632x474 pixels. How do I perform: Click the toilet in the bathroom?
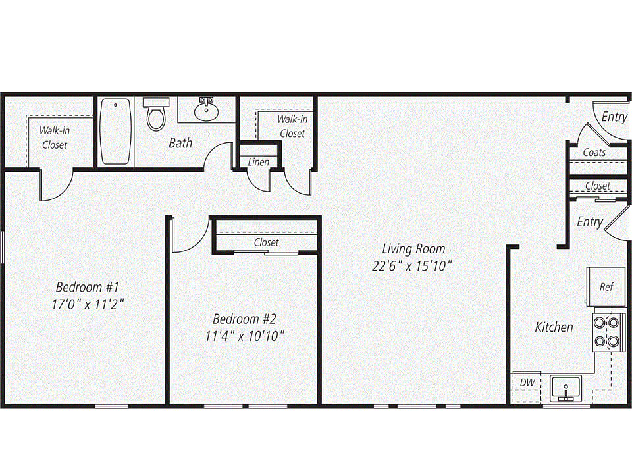tap(156, 114)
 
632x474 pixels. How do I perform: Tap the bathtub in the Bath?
tap(116, 131)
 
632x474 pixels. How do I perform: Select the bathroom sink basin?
tap(206, 110)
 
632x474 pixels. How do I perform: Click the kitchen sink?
tap(566, 388)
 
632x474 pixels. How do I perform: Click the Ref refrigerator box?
tap(606, 286)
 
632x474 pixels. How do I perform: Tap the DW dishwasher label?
tap(527, 382)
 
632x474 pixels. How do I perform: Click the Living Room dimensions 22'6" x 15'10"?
tap(411, 266)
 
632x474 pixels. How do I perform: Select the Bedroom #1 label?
tap(88, 287)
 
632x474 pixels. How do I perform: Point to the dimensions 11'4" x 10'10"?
tap(245, 336)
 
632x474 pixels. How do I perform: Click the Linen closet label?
tap(258, 162)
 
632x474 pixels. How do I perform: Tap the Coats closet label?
tap(594, 153)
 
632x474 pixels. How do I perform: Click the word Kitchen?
tap(554, 327)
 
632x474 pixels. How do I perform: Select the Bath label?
tap(180, 143)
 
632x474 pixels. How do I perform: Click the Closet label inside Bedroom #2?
tap(266, 243)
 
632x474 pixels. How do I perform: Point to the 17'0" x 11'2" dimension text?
tap(88, 304)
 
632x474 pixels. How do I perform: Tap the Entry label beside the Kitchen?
tap(590, 223)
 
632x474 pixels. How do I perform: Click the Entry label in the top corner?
tap(614, 117)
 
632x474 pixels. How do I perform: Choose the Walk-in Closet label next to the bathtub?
tap(55, 138)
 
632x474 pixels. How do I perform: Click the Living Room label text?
tap(413, 249)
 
